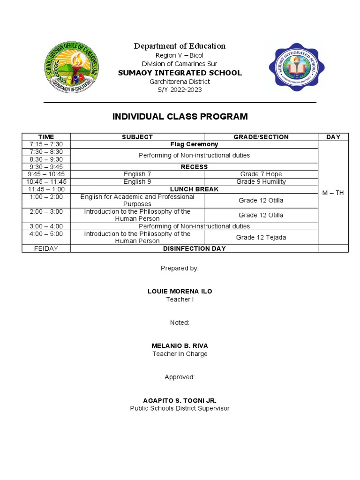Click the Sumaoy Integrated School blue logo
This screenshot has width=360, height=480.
point(294,67)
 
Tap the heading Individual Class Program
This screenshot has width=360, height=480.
point(180,117)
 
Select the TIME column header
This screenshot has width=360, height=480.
point(46,137)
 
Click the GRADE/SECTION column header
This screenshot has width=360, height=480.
point(261,137)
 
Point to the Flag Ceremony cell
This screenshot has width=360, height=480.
point(194,144)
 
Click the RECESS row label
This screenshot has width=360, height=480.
point(194,167)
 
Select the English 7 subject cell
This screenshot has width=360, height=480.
point(137,174)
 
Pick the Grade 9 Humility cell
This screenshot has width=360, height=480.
point(261,182)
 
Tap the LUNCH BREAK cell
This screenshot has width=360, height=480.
point(194,189)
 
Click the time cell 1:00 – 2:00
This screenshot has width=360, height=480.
point(46,197)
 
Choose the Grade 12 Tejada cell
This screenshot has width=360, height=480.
point(261,237)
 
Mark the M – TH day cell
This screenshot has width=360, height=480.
point(333,193)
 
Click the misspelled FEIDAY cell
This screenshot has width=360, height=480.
point(46,248)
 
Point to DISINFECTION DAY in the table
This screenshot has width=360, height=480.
point(194,248)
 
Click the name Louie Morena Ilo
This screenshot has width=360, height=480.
point(180,292)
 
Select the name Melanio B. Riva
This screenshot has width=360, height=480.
point(180,346)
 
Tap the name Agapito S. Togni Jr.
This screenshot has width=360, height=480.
point(180,401)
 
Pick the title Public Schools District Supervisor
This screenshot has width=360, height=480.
point(180,408)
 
